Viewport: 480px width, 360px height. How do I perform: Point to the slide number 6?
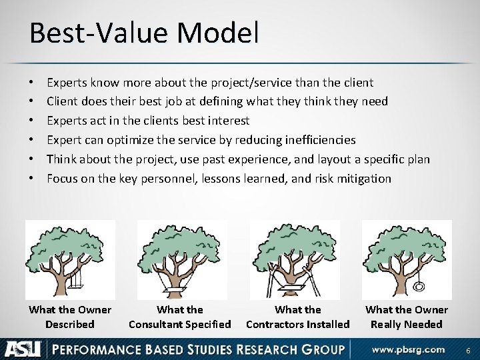469,349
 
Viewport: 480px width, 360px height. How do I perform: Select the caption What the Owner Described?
70,317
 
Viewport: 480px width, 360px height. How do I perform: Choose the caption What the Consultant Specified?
179,317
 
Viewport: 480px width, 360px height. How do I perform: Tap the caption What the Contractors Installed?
297,317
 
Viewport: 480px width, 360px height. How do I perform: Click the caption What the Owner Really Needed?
407,317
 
